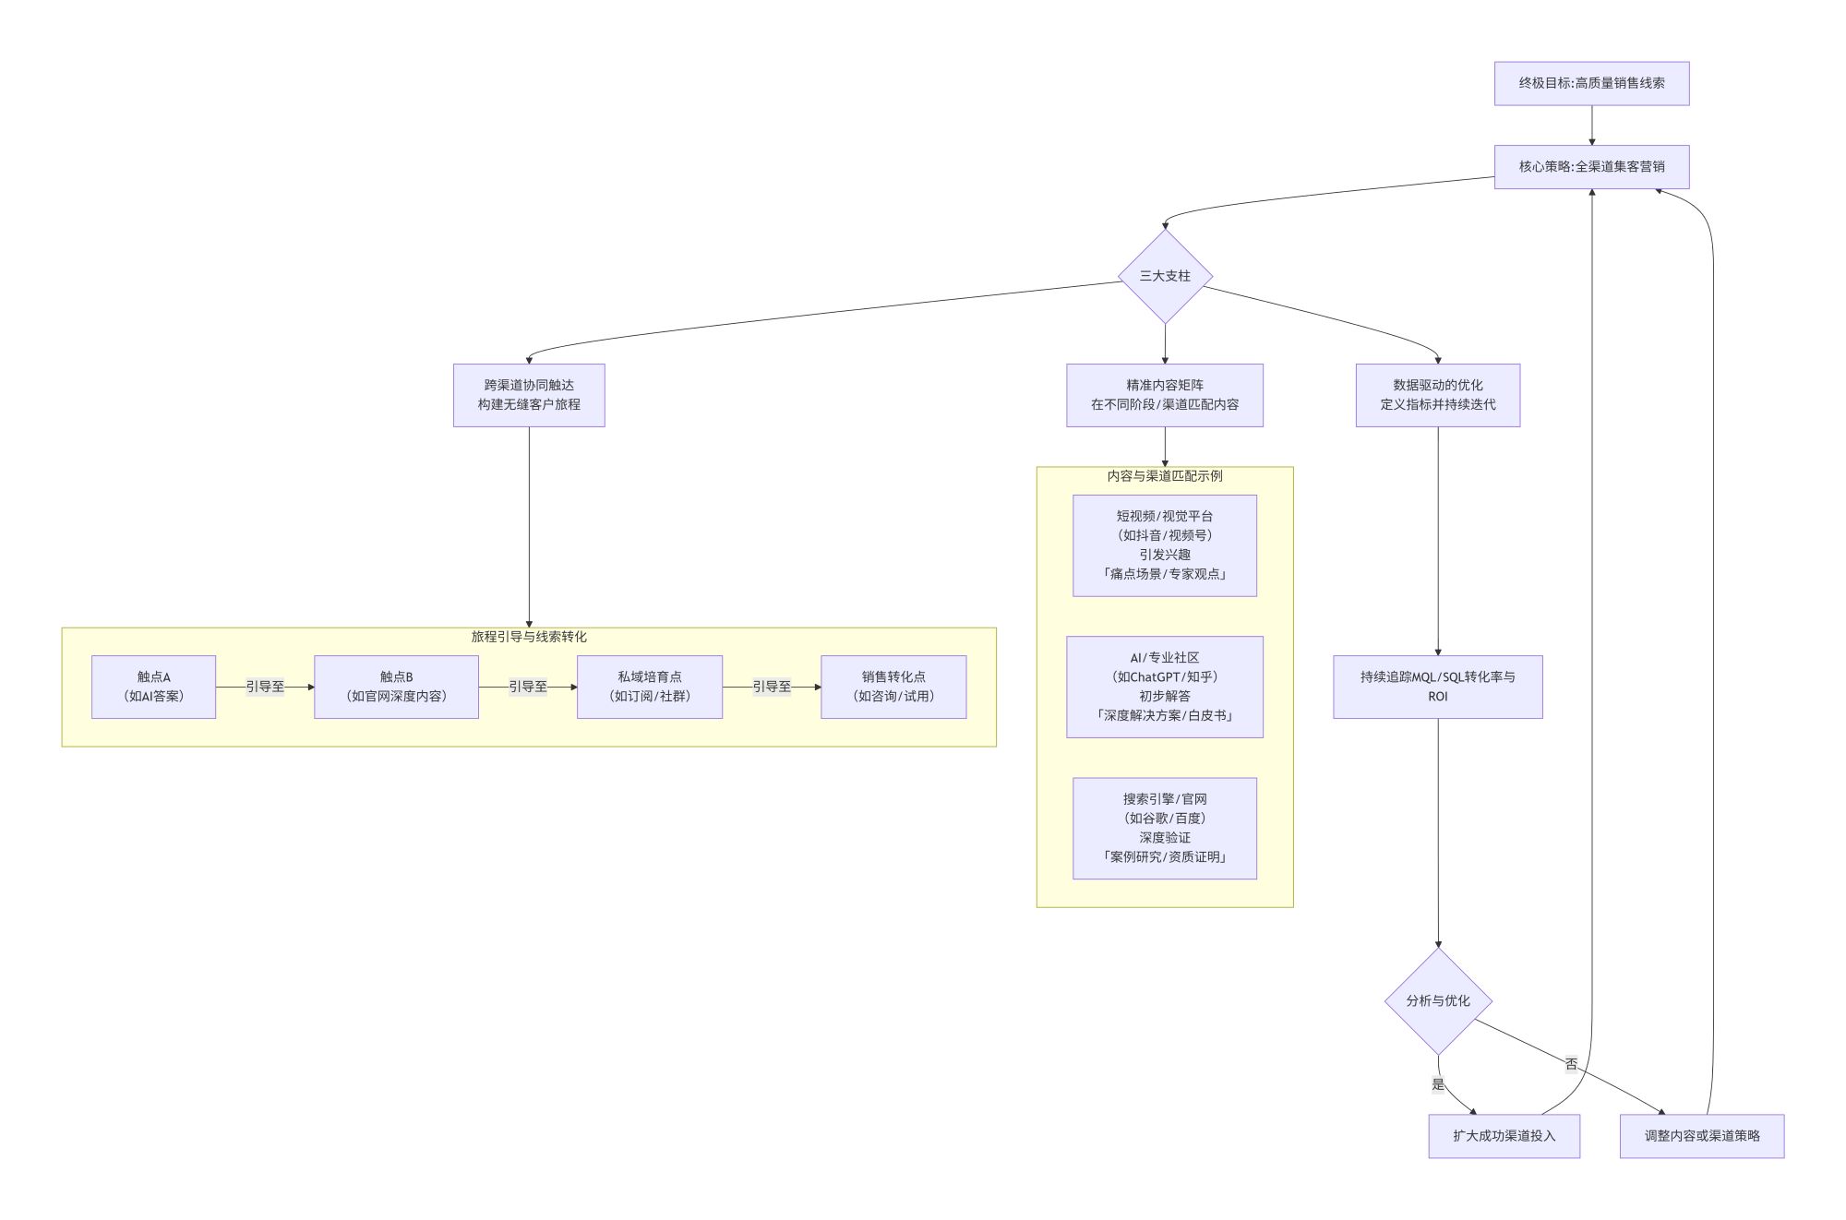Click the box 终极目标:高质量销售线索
(x=1591, y=83)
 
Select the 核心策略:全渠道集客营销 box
(x=1591, y=167)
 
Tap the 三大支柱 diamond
(x=1165, y=276)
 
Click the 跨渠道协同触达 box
(x=529, y=395)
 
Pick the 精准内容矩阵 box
(x=1165, y=395)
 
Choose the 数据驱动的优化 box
(x=1437, y=395)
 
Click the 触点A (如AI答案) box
(x=153, y=687)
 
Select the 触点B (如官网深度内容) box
(x=396, y=687)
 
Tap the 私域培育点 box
(x=650, y=687)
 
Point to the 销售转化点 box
(x=893, y=687)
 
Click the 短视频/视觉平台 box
(x=1165, y=545)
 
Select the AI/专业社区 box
(x=1165, y=687)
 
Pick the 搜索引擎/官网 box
(x=1165, y=828)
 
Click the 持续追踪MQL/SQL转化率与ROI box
(x=1437, y=687)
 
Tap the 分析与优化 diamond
(x=1438, y=1001)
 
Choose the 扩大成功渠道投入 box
(x=1504, y=1136)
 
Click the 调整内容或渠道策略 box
(x=1702, y=1136)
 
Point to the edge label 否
(x=1571, y=1064)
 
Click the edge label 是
(x=1438, y=1084)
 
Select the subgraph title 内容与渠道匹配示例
(x=1165, y=476)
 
